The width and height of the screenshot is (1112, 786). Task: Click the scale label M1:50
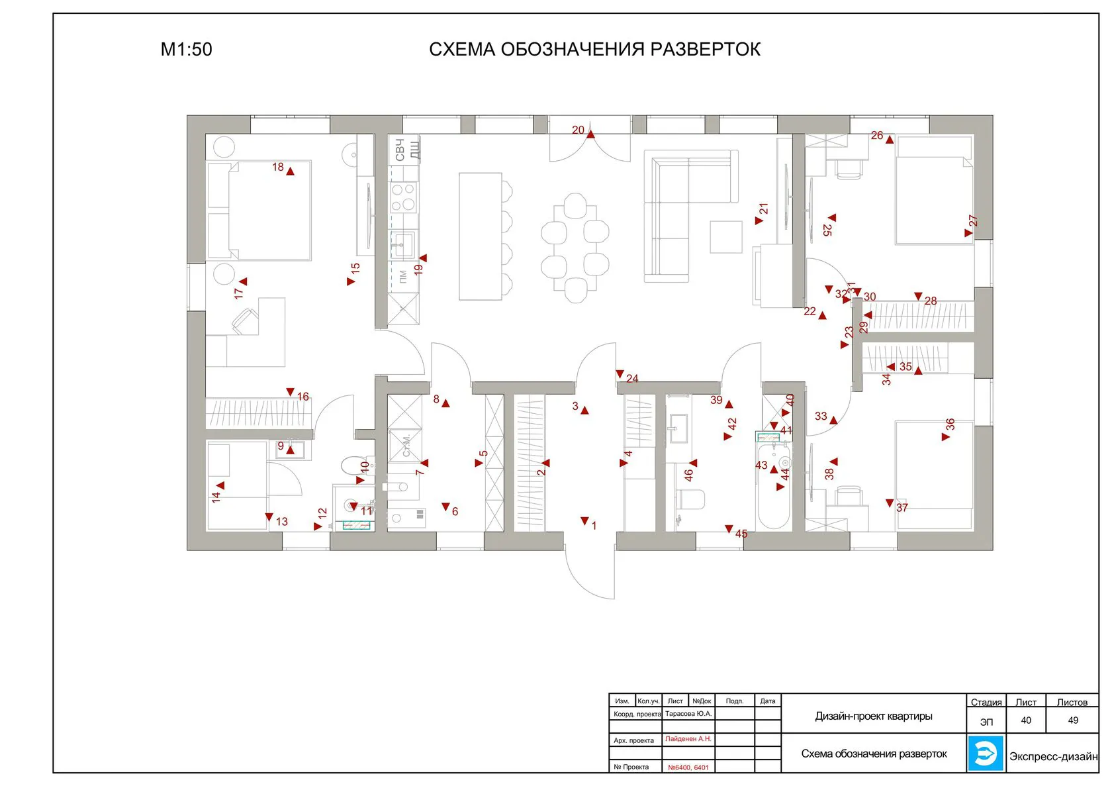point(186,50)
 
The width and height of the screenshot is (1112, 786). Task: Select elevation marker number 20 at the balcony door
point(579,130)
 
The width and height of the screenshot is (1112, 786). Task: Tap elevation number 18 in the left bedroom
point(278,167)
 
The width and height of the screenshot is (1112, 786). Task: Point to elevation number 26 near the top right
point(877,136)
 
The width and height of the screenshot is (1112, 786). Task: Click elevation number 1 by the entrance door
point(594,526)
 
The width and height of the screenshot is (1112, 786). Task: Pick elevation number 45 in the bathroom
point(741,534)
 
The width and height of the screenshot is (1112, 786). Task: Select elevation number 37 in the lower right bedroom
point(902,508)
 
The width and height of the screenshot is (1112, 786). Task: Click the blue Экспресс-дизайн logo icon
point(986,753)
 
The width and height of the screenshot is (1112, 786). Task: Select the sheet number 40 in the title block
point(1026,720)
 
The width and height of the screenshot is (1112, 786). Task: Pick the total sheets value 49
point(1073,720)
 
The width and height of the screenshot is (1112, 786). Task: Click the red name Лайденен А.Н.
point(688,739)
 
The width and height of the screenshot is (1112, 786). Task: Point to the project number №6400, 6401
point(688,767)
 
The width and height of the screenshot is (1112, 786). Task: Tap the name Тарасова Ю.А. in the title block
point(688,714)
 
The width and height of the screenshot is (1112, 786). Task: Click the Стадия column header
point(986,703)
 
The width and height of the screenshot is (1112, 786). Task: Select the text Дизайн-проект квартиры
point(874,716)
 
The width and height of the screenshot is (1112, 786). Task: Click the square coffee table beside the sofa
point(726,237)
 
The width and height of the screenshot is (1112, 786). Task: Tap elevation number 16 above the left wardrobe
point(302,397)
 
